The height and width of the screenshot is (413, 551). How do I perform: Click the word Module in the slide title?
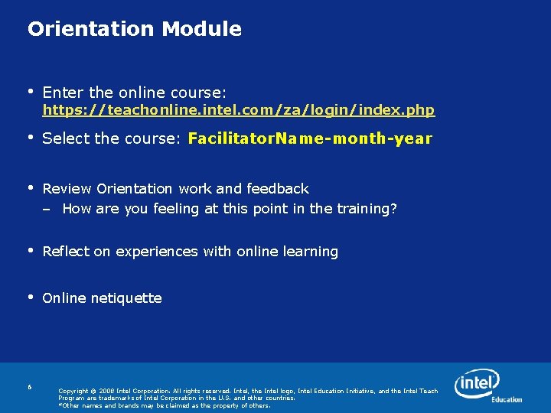[x=201, y=29]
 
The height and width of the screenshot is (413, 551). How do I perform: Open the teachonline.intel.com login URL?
[x=238, y=110]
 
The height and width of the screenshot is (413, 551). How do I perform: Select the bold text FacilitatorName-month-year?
[x=310, y=139]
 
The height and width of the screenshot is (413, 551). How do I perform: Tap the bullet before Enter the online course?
[x=31, y=93]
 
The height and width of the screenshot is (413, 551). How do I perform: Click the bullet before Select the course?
[x=31, y=138]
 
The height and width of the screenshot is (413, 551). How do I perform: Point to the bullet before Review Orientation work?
[x=31, y=188]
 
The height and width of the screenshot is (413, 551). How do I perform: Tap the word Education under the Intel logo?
[x=507, y=399]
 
